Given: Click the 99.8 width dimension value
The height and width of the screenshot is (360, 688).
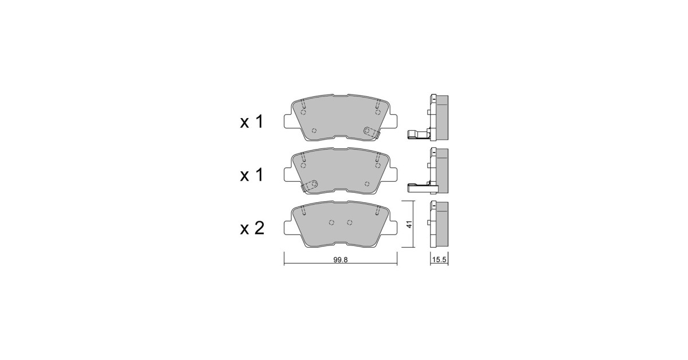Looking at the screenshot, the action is (341, 260).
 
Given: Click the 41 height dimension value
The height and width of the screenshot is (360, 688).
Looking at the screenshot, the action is (409, 224).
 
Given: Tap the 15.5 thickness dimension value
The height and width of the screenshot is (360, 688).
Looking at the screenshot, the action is (439, 260).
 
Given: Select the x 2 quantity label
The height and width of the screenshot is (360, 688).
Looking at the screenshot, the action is (252, 228).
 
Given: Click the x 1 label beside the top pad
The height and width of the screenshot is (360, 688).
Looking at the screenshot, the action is (252, 122).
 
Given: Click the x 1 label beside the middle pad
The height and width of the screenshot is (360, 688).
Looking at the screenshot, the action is (252, 175).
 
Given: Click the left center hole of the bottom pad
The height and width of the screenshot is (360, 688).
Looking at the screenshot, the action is (331, 222).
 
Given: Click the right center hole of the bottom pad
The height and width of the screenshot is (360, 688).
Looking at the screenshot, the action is (349, 222).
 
